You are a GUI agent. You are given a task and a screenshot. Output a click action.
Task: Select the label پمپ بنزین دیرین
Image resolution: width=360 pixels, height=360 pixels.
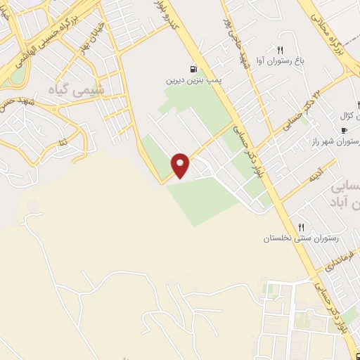tap(188, 81)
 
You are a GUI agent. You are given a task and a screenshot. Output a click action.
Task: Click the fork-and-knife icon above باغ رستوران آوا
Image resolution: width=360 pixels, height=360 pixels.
tap(281, 50)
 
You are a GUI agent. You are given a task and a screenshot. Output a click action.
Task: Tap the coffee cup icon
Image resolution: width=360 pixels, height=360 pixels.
tap(344, 131)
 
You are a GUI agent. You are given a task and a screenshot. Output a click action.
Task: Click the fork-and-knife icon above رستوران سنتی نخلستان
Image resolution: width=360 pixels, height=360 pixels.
tap(301, 227)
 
